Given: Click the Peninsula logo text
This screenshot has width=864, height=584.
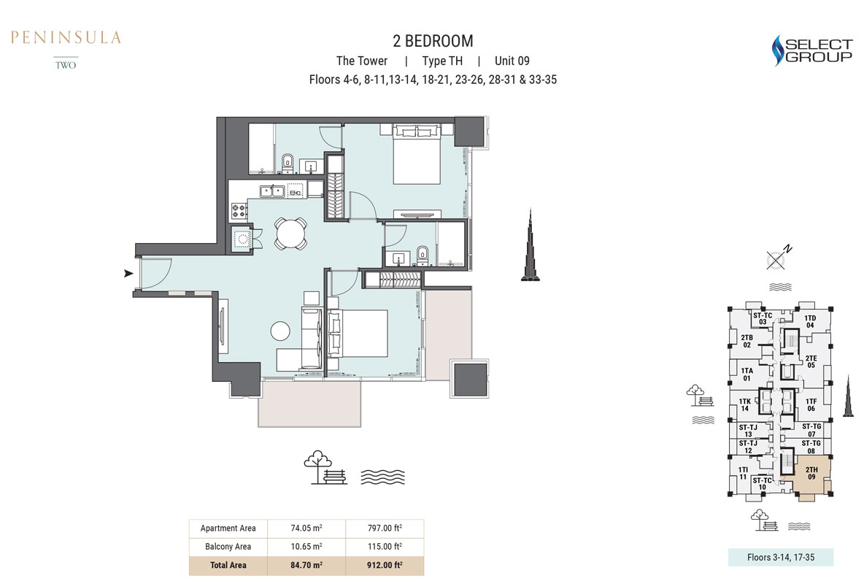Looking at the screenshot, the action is (x=66, y=37).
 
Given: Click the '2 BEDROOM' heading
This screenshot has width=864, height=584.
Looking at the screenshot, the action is (x=433, y=41).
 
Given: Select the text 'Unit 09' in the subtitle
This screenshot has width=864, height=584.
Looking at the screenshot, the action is (x=512, y=61).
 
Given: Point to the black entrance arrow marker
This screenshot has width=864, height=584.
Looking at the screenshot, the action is (x=129, y=273).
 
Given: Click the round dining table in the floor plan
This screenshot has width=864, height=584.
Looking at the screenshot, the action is (x=290, y=234).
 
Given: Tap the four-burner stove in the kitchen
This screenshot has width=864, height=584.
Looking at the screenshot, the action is (x=239, y=210).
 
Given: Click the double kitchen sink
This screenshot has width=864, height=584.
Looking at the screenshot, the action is (x=272, y=191).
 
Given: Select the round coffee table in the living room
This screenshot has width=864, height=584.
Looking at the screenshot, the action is (x=280, y=331).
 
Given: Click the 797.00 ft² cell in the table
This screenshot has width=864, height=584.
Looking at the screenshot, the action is (x=385, y=529).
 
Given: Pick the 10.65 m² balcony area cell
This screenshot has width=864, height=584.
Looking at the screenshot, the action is (x=306, y=547).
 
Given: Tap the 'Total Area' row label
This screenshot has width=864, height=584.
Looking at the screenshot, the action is (x=228, y=565).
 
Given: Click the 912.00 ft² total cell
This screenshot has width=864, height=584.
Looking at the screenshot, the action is (x=385, y=565).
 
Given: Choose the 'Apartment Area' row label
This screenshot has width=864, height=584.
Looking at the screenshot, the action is (x=228, y=529).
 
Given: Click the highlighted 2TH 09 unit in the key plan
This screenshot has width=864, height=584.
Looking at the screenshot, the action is (x=811, y=474).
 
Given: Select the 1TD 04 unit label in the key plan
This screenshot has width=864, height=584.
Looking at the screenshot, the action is (x=810, y=321).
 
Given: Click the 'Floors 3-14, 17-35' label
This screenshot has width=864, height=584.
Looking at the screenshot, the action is (x=781, y=557).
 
